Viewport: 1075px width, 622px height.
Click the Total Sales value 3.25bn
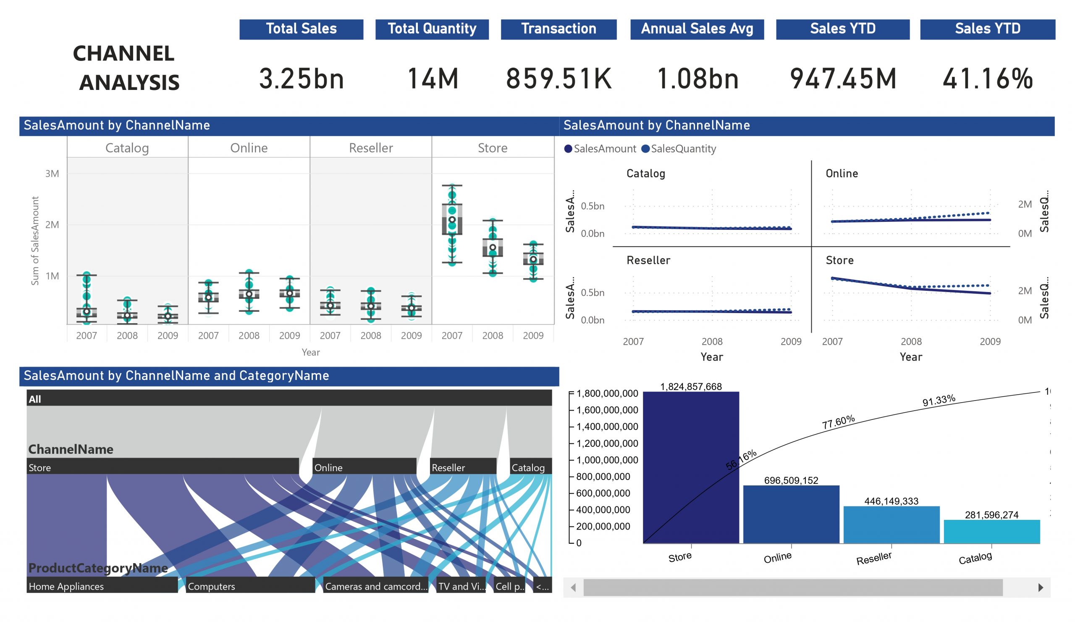pyautogui.click(x=301, y=79)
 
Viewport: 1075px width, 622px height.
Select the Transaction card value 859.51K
pyautogui.click(x=558, y=79)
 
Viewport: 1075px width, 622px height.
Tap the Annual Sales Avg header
pyautogui.click(x=697, y=29)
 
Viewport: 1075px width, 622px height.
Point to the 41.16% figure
pyautogui.click(x=987, y=79)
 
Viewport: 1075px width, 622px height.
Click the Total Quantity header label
pyautogui.click(x=432, y=29)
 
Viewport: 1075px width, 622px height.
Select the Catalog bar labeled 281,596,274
pyautogui.click(x=991, y=531)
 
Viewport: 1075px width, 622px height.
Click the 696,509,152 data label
pyautogui.click(x=791, y=480)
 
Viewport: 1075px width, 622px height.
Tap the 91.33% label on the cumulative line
pyautogui.click(x=939, y=401)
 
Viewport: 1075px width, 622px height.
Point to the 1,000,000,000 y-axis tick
pyautogui.click(x=607, y=460)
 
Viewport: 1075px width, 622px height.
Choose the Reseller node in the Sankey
pyautogui.click(x=463, y=467)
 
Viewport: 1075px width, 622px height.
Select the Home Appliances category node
pyautogui.click(x=102, y=586)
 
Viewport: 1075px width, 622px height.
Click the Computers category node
pyautogui.click(x=250, y=586)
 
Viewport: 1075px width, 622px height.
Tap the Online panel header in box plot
pyautogui.click(x=249, y=148)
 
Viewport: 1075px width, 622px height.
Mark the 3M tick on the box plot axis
pyautogui.click(x=52, y=173)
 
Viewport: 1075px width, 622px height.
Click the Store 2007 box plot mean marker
pyautogui.click(x=452, y=220)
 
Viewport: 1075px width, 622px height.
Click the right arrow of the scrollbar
pyautogui.click(x=1041, y=588)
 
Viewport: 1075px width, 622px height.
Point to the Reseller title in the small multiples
pyautogui.click(x=648, y=260)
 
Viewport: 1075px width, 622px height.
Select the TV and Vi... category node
pyautogui.click(x=461, y=586)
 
